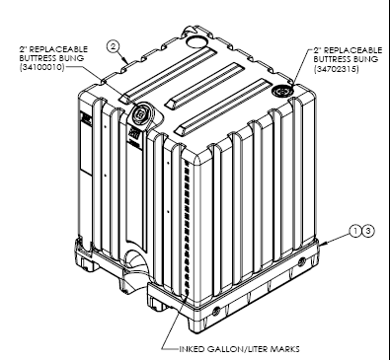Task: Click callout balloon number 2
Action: click(113, 46)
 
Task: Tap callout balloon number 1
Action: click(355, 231)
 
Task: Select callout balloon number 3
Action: click(368, 231)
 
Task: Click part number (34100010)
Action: click(41, 67)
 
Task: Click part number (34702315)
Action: click(336, 69)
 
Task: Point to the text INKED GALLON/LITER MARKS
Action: click(239, 349)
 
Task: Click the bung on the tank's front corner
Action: click(141, 113)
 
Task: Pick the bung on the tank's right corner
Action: click(282, 91)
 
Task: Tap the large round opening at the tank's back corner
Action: click(196, 40)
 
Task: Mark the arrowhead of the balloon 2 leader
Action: click(127, 61)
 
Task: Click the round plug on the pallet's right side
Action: click(301, 262)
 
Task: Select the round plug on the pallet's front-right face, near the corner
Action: click(217, 311)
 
